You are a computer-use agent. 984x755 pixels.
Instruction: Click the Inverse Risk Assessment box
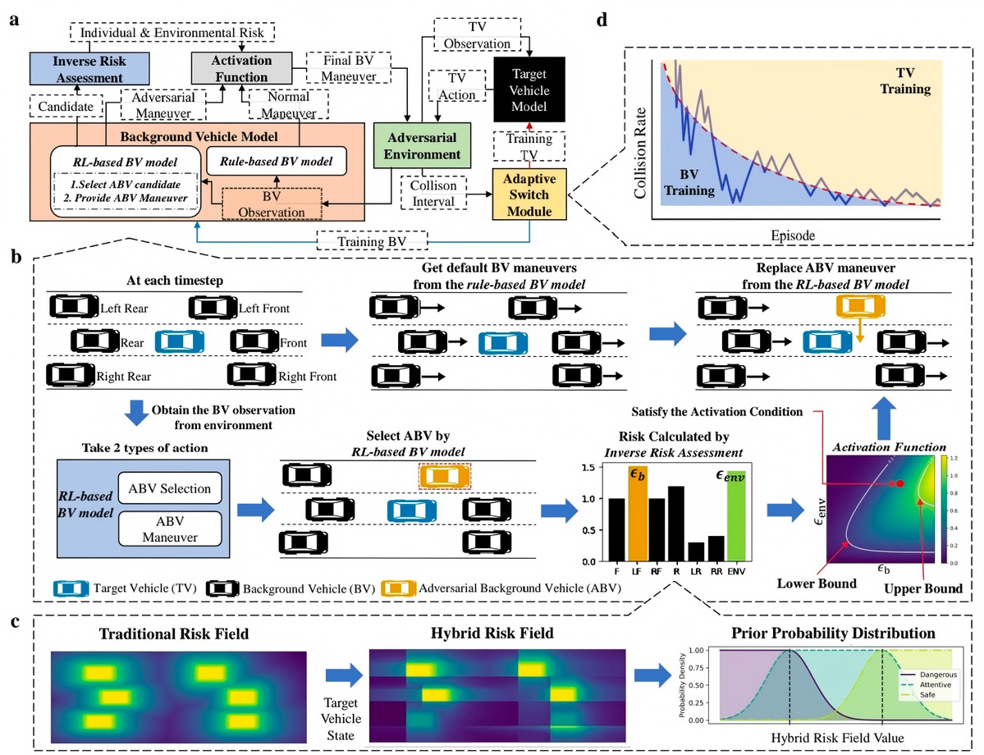pos(89,69)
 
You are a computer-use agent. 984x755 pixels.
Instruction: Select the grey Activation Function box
pos(241,68)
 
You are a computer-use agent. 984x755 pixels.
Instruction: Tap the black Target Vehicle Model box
pos(529,89)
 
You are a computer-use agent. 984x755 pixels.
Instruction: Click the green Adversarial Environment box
pos(422,145)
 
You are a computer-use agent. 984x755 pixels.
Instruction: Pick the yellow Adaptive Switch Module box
pos(529,194)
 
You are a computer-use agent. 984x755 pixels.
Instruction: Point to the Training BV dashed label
pos(372,241)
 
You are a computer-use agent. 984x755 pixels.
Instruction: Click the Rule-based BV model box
pos(276,162)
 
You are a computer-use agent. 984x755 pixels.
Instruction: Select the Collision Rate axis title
pos(640,153)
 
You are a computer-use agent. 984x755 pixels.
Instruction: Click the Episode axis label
pos(794,236)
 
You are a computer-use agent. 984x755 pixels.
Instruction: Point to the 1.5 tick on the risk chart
pos(588,468)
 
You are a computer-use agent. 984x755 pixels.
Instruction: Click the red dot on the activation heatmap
pos(900,484)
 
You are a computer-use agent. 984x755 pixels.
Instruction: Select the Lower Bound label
pos(817,583)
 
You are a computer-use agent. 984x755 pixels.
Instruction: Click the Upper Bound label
pos(923,588)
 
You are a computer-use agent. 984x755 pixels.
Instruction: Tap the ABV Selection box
pos(169,488)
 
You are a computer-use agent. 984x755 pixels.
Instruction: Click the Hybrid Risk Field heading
pos(492,633)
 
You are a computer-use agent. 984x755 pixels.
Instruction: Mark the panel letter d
pos(602,21)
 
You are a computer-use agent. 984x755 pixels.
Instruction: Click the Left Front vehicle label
pos(263,308)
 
